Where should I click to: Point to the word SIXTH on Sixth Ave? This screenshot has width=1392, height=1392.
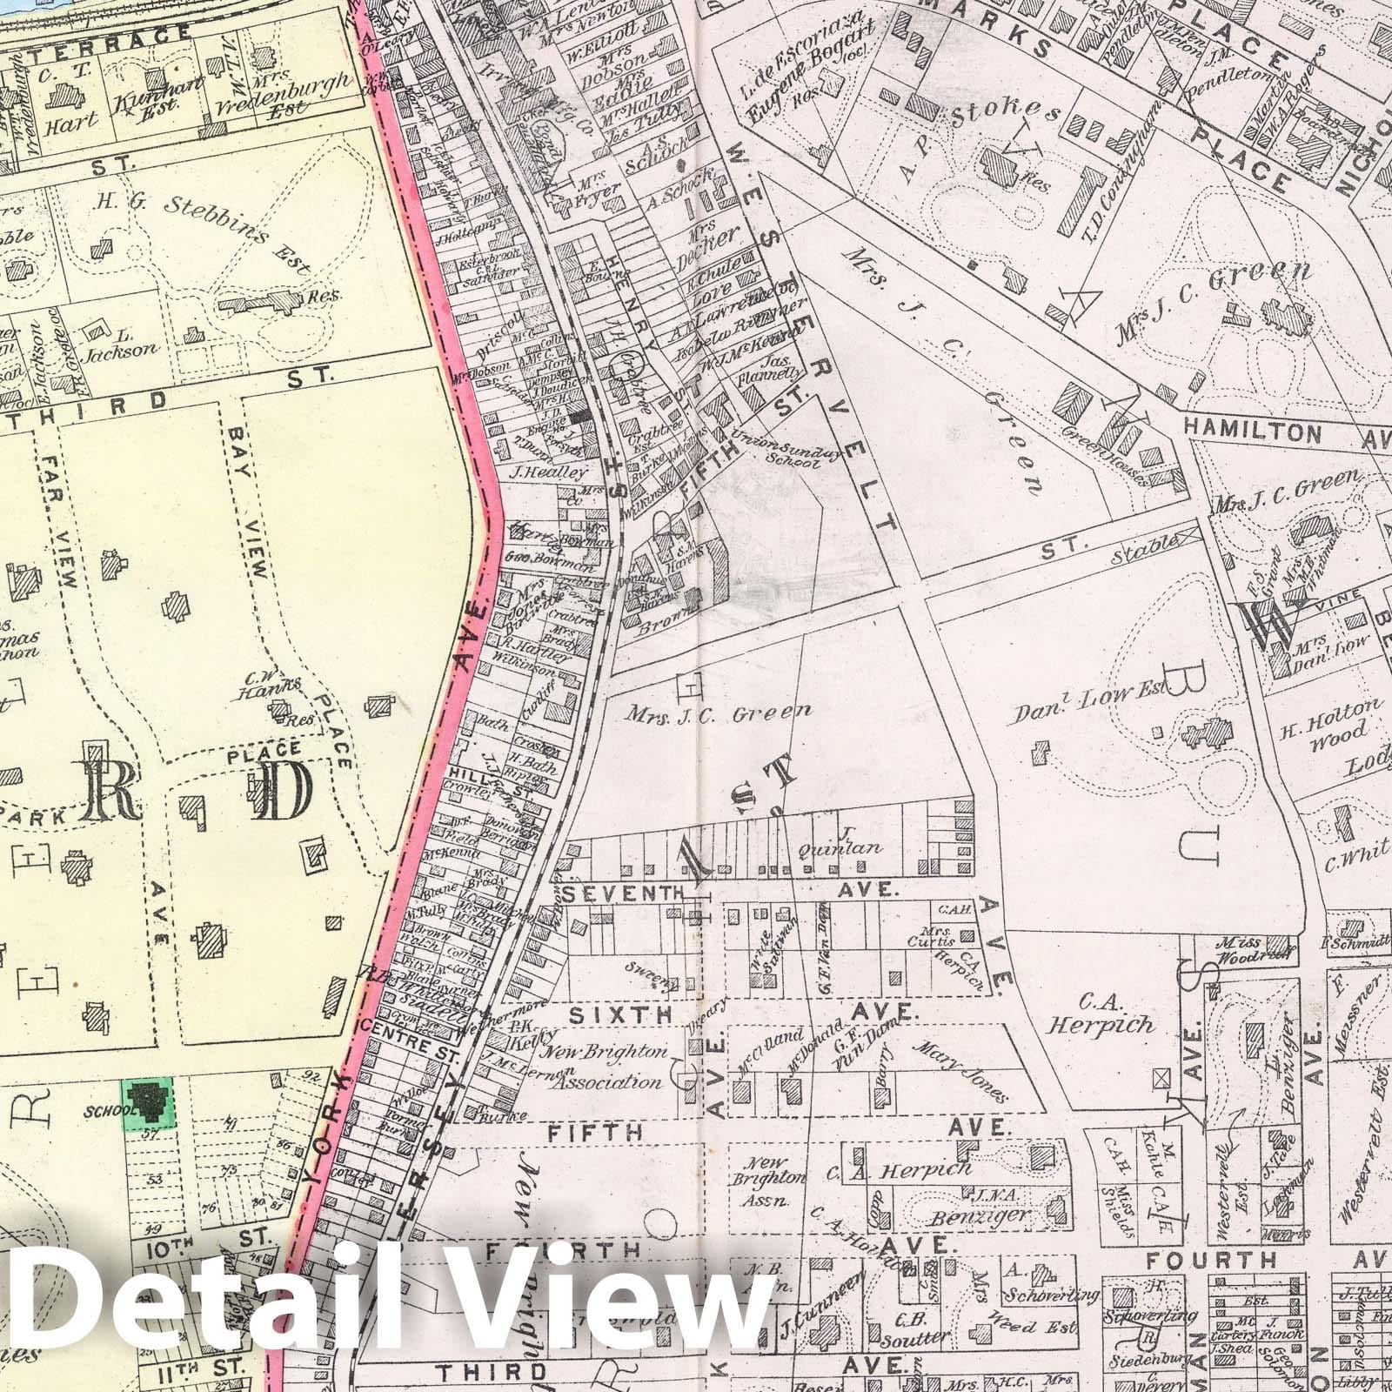pos(621,1014)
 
